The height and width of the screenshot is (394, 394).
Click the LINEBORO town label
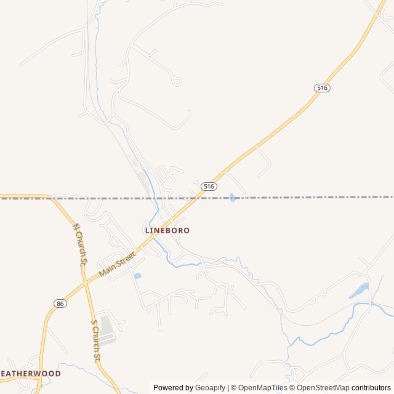pos(167,230)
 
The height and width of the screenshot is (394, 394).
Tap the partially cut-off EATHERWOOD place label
pos(31,374)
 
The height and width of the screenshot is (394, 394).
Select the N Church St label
pos(79,244)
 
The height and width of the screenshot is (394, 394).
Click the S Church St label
pos(95,340)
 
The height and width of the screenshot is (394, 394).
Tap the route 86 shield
pos(60,304)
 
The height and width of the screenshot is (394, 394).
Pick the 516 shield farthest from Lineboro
pos(322,88)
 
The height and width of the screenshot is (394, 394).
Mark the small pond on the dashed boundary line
pos(232,198)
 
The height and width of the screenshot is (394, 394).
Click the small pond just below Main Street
pos(137,276)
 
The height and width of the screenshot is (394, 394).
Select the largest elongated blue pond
pos(360,291)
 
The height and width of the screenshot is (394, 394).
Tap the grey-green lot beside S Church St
pos(107,330)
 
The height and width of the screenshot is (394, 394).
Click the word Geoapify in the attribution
pos(210,388)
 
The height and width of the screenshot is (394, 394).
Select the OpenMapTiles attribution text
pos(262,388)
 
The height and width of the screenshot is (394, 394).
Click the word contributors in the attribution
pos(371,388)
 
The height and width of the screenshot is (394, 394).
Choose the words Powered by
pos(173,388)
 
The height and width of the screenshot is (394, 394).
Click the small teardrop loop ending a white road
pos(177,81)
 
